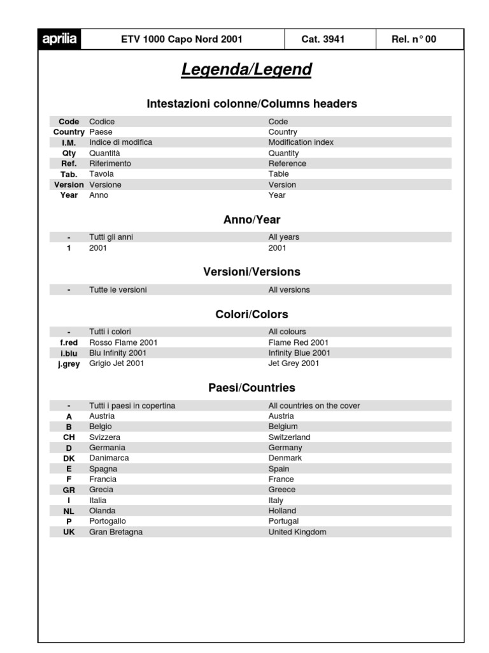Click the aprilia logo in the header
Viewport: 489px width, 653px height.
(x=60, y=39)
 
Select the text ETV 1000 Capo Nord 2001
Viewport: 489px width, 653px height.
(x=181, y=40)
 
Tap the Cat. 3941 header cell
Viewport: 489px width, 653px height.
(x=323, y=40)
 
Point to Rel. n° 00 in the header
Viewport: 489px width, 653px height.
(x=414, y=40)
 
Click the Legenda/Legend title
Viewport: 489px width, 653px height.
(x=246, y=70)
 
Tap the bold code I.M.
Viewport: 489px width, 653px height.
(x=69, y=143)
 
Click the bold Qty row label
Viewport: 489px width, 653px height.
(x=69, y=153)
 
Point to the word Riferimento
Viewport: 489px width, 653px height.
(x=110, y=163)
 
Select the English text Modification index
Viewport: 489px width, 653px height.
(x=301, y=142)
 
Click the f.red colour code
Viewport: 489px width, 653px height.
(x=69, y=342)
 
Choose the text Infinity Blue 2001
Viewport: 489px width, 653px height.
(x=299, y=353)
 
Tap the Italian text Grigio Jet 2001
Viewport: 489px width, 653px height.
(x=117, y=363)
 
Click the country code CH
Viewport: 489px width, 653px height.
(x=69, y=437)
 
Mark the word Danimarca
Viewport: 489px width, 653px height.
(x=109, y=458)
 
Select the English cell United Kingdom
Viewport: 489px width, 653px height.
(x=297, y=532)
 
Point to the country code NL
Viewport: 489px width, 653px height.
(x=69, y=511)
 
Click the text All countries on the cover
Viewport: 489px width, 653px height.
(x=314, y=406)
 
